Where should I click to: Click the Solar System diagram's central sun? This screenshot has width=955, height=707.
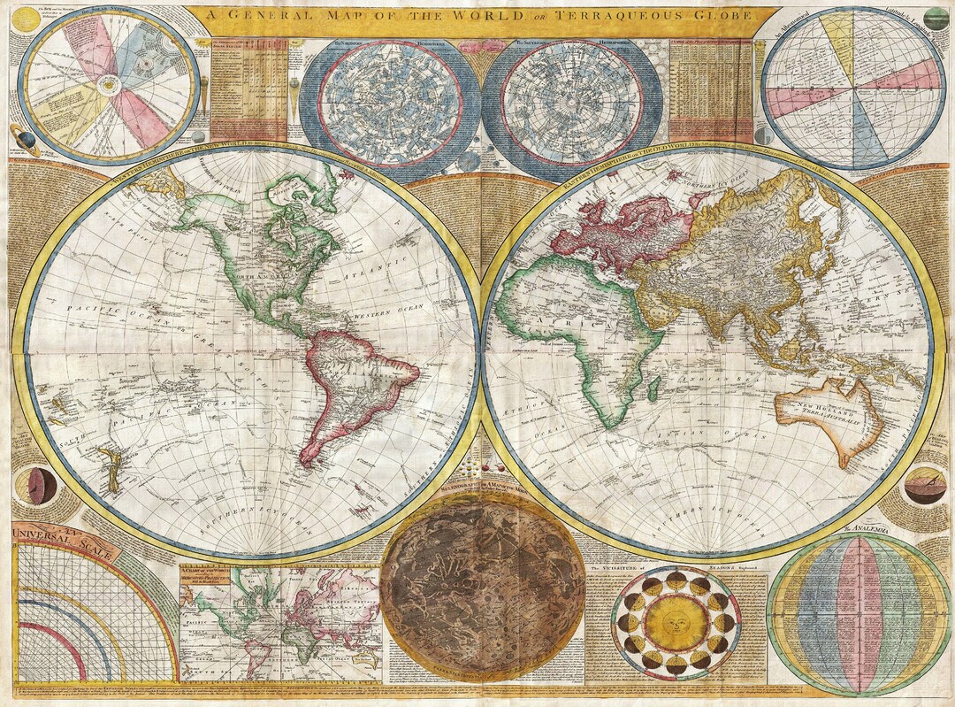pyautogui.click(x=107, y=84)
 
